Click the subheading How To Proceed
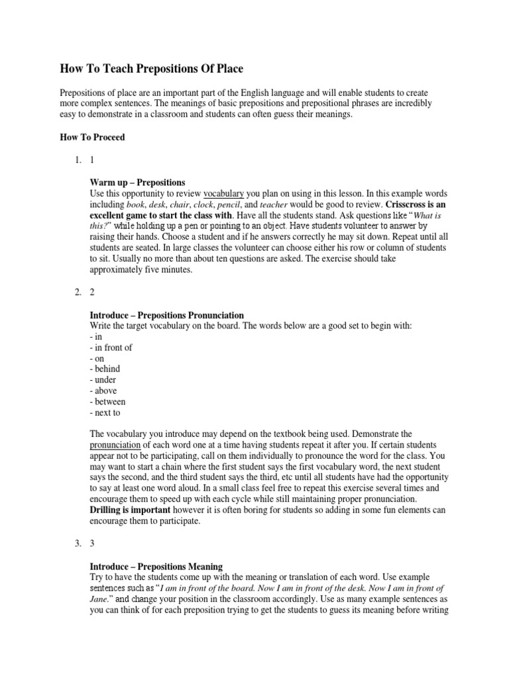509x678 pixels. tap(92, 138)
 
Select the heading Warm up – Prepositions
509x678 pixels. tap(137, 182)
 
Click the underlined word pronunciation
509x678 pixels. tap(116, 445)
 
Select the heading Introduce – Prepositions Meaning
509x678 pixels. tap(156, 567)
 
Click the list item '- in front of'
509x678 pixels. tap(111, 348)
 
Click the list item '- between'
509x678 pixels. tap(107, 401)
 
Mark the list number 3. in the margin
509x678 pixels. tap(78, 544)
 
